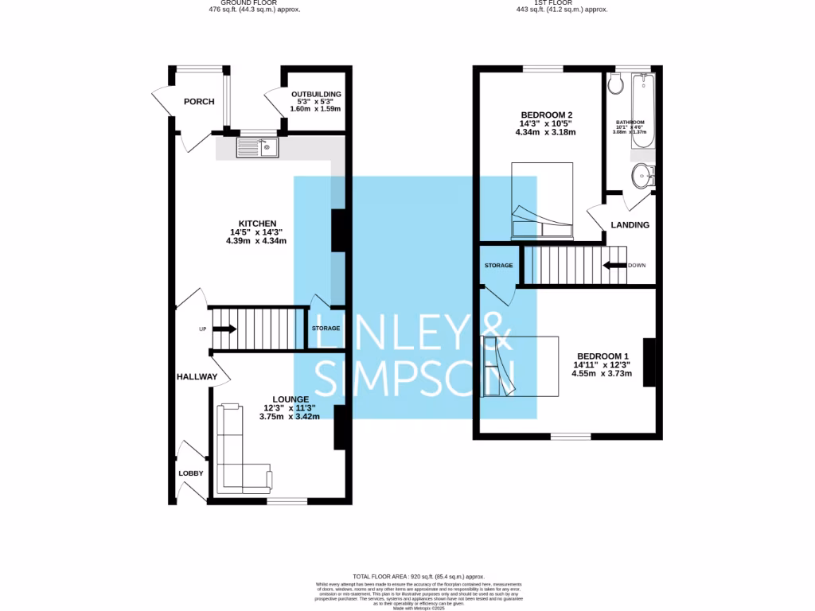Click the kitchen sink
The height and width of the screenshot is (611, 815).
[x=257, y=147]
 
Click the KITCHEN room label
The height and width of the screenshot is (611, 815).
[x=257, y=224]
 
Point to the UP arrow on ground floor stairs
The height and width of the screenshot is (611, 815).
[x=224, y=329]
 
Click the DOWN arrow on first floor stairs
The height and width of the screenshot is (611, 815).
[x=615, y=265]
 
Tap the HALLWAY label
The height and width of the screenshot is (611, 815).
[x=197, y=377]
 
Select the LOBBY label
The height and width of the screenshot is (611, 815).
[x=190, y=473]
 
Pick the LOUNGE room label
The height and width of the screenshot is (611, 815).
[x=291, y=399]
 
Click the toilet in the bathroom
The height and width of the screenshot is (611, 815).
[x=615, y=84]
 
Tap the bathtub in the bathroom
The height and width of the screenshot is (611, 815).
[x=642, y=111]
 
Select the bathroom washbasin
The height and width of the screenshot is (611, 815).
[x=641, y=175]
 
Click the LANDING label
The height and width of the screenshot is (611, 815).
[x=630, y=225]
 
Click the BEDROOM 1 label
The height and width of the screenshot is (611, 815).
[x=603, y=356]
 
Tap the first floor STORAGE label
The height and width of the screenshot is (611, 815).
[x=498, y=265]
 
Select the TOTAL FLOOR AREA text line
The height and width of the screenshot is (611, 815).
[x=419, y=576]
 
